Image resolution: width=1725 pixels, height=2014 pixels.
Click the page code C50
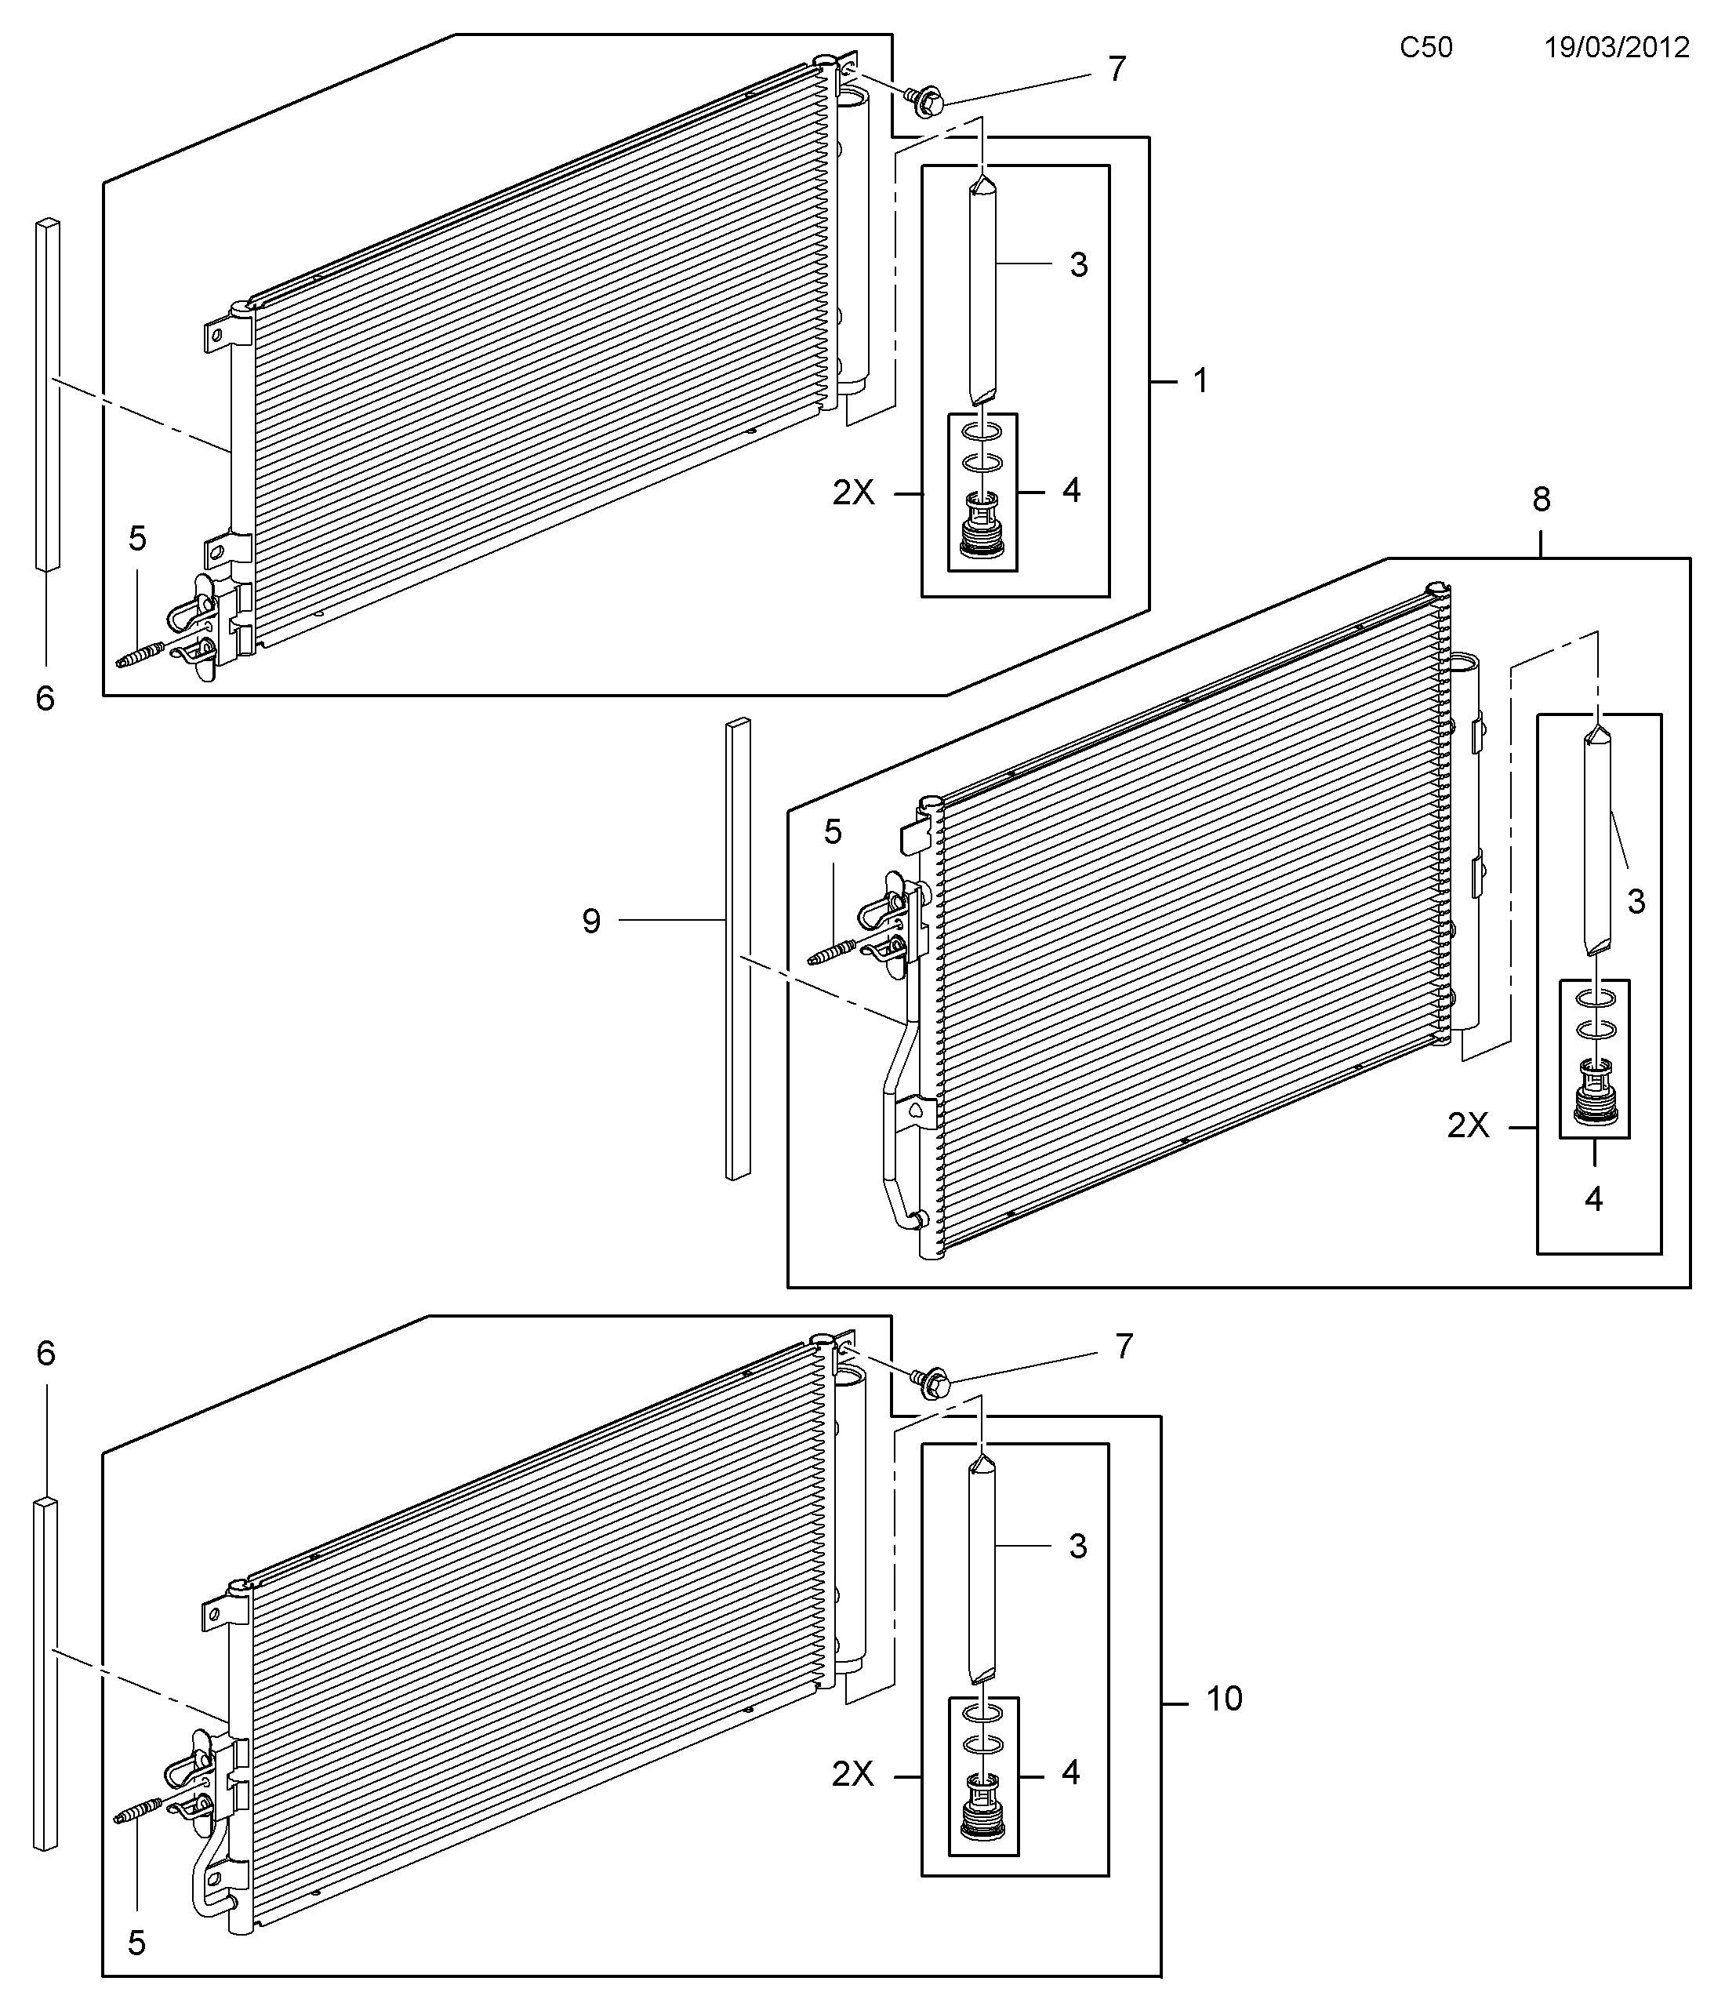coord(1425,48)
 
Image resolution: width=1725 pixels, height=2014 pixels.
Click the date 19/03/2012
coord(1617,48)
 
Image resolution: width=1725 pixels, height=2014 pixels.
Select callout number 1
coord(1201,381)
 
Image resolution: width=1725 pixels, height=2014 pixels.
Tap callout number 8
coord(1542,500)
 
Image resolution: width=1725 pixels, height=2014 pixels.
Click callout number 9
coord(592,921)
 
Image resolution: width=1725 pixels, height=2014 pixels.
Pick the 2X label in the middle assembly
coord(1469,1125)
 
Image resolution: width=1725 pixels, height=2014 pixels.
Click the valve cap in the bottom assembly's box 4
coord(982,1807)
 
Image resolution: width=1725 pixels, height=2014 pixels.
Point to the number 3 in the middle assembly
coord(1636,901)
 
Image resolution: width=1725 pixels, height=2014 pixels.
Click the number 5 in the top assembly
coord(137,539)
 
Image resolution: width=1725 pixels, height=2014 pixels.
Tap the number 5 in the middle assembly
coord(833,832)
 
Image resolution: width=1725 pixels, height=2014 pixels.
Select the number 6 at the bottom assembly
coord(45,1353)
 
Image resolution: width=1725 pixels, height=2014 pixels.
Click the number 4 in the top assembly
coord(1071,490)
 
